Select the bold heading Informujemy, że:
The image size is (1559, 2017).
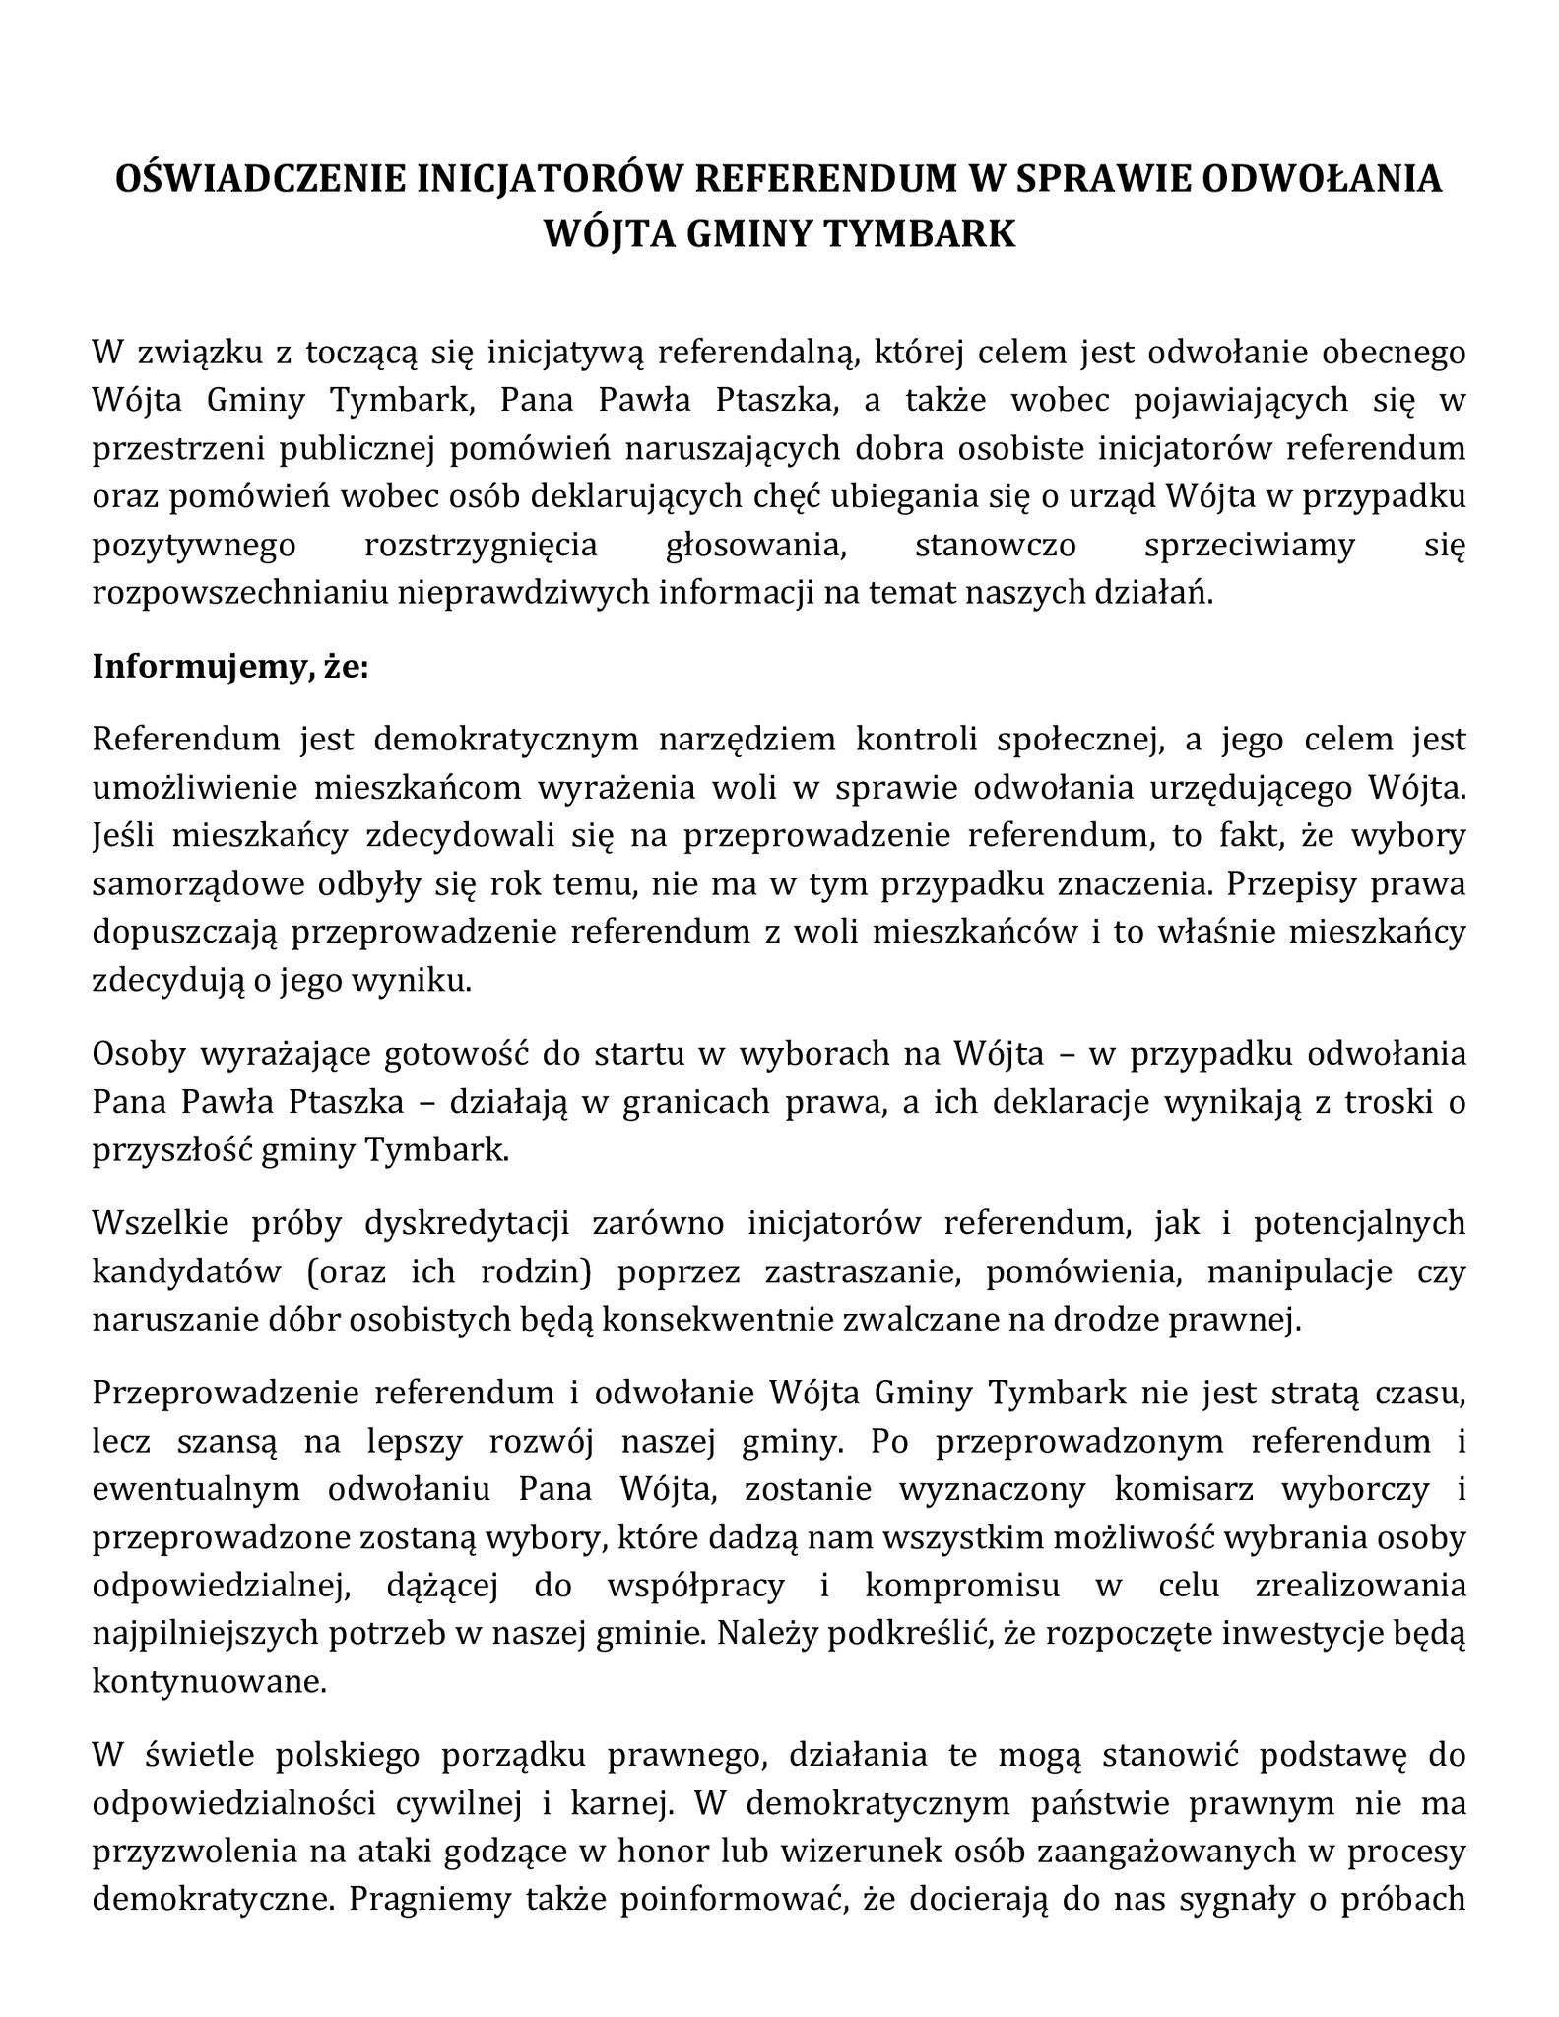coord(230,667)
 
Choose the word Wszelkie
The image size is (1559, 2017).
coord(159,1222)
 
